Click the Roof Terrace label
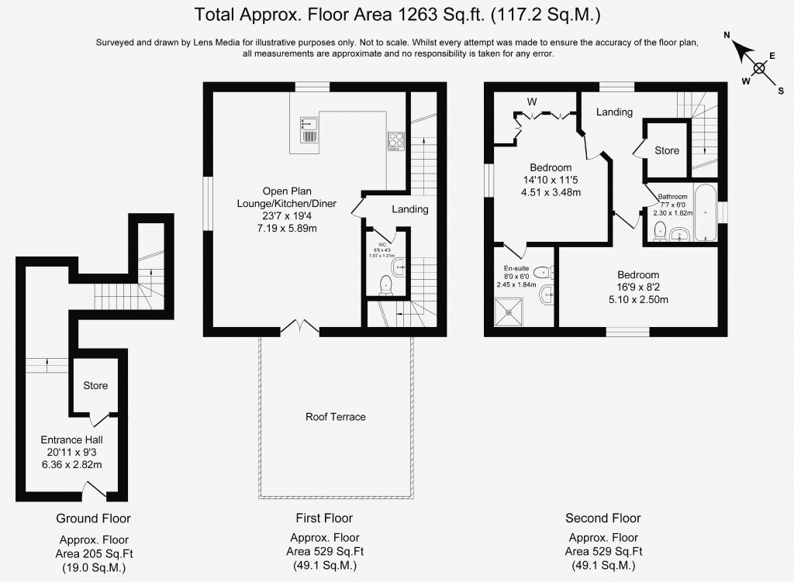pos(335,417)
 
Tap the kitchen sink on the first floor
pos(308,130)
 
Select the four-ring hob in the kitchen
pos(395,141)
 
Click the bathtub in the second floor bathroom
pos(705,214)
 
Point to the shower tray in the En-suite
pos(510,312)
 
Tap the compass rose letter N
pos(727,36)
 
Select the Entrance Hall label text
pos(71,439)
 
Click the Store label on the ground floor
pos(95,385)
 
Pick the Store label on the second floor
pos(666,150)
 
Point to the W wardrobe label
pos(532,102)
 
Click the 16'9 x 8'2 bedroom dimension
pos(638,288)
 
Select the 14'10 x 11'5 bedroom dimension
pos(551,181)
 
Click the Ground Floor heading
pos(93,518)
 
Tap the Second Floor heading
pos(602,518)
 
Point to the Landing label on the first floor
pos(409,209)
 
